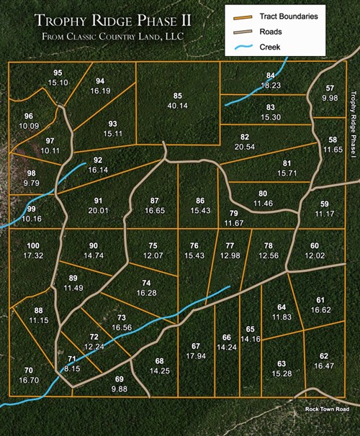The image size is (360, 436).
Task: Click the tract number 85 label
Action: [177, 96]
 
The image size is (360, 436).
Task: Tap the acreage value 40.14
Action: [177, 106]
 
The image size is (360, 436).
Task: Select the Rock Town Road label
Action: [326, 409]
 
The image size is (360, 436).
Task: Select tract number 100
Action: [33, 246]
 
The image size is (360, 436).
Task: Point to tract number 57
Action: [330, 88]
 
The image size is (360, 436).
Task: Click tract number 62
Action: [324, 356]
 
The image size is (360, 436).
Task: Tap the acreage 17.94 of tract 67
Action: [195, 356]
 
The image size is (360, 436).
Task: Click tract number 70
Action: [28, 370]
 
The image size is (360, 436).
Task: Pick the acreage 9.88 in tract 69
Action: [119, 389]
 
